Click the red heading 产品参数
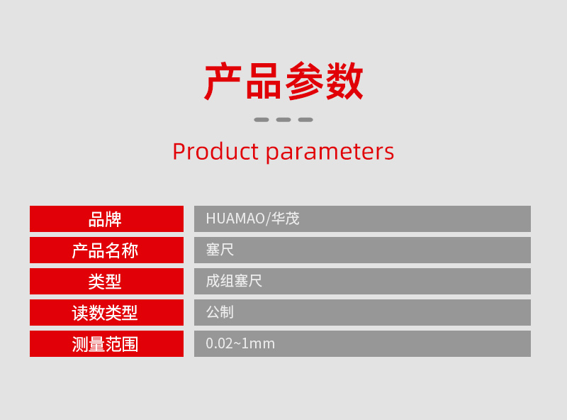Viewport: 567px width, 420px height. click(x=283, y=81)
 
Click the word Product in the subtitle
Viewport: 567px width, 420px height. click(x=215, y=151)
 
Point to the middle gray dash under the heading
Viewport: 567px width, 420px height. click(x=283, y=120)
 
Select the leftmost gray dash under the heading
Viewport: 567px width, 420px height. click(x=262, y=120)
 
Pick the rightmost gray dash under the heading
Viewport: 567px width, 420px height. click(x=305, y=120)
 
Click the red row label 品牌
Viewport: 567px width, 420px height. click(x=105, y=219)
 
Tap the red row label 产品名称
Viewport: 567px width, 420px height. click(x=105, y=250)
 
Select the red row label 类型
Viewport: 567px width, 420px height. click(x=105, y=282)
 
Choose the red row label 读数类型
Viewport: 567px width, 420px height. click(x=105, y=313)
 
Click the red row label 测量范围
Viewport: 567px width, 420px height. click(x=105, y=344)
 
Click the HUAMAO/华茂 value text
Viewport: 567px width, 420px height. click(x=253, y=219)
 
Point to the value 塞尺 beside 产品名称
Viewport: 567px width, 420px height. click(x=220, y=250)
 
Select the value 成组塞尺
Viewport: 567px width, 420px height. click(x=234, y=281)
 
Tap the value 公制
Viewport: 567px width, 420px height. click(x=220, y=312)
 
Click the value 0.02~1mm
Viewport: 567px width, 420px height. click(x=240, y=343)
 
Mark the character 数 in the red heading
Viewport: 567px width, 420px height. click(x=344, y=81)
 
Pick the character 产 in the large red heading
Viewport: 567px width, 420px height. click(x=223, y=81)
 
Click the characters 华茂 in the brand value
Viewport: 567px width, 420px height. click(x=286, y=219)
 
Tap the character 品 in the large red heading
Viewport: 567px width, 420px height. click(x=263, y=81)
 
